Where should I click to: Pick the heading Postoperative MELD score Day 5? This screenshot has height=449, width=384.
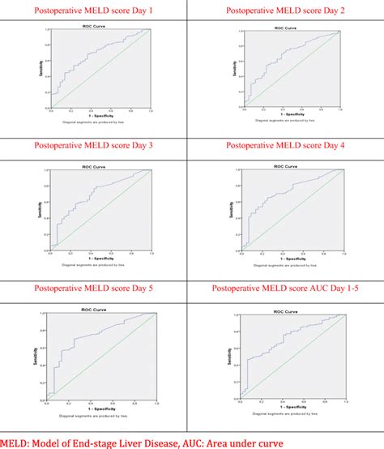(x=96, y=289)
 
